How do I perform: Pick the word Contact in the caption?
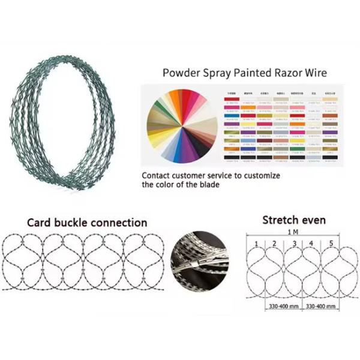click(x=159, y=176)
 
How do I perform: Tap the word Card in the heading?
click(x=40, y=223)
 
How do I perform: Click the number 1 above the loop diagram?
click(x=256, y=243)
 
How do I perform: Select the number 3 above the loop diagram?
click(x=294, y=243)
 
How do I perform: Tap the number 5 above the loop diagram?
click(x=331, y=243)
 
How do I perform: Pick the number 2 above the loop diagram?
click(x=274, y=243)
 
